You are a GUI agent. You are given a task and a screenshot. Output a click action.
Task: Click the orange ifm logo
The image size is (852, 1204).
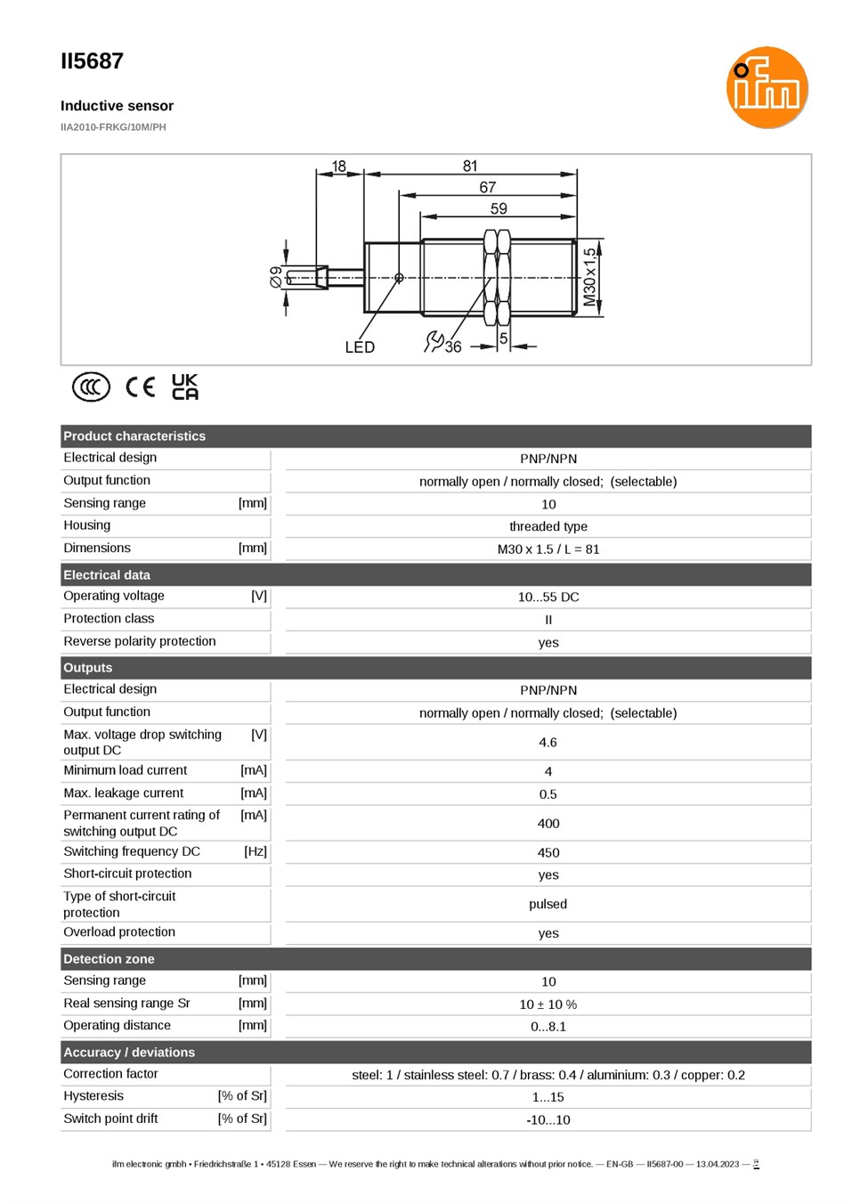[767, 87]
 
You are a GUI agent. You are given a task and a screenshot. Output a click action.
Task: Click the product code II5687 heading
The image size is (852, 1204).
[92, 61]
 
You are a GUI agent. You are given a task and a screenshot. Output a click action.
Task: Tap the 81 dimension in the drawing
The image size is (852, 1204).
[469, 166]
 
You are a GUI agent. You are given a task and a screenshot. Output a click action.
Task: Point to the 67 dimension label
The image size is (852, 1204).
[487, 187]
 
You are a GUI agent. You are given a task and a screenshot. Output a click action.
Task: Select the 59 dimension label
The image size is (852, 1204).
[499, 208]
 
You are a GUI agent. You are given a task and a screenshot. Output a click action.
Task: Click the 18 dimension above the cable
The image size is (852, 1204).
[339, 167]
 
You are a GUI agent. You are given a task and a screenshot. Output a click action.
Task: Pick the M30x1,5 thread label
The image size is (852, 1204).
[589, 277]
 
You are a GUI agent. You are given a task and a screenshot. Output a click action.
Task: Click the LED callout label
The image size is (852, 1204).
[360, 347]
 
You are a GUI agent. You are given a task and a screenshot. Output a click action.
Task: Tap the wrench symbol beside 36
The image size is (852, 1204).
[434, 341]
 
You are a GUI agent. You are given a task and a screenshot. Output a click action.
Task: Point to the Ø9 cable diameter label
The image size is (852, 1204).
[276, 277]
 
